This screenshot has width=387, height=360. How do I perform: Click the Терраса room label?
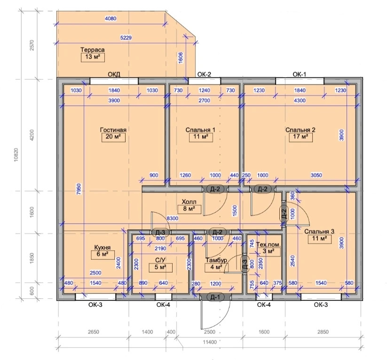[93, 50]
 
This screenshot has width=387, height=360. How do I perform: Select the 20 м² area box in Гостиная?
[113, 137]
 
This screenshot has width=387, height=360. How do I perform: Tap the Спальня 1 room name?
[200, 130]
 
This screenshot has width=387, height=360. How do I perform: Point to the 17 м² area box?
[301, 137]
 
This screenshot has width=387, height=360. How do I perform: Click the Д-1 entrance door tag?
[215, 297]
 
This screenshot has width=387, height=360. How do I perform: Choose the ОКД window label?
[114, 74]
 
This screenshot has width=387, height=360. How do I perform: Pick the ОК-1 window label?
[300, 74]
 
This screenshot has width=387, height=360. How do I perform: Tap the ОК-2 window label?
[205, 74]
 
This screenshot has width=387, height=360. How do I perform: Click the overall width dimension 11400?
[210, 342]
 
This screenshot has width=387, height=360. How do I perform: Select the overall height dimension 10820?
[16, 155]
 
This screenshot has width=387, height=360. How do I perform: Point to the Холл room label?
[189, 202]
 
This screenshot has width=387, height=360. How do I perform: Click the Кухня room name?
[103, 248]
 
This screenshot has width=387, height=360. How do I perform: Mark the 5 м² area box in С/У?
[161, 268]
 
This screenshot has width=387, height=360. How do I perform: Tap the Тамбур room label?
[216, 260]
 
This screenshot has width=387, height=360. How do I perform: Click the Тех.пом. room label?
[269, 245]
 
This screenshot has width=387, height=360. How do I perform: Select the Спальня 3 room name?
[319, 232]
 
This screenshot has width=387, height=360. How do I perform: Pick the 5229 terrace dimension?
[126, 38]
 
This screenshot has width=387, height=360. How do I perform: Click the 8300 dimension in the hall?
[172, 218]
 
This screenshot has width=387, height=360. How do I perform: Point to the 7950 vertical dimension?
[79, 189]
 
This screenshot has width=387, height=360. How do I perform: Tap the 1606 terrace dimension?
[181, 58]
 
